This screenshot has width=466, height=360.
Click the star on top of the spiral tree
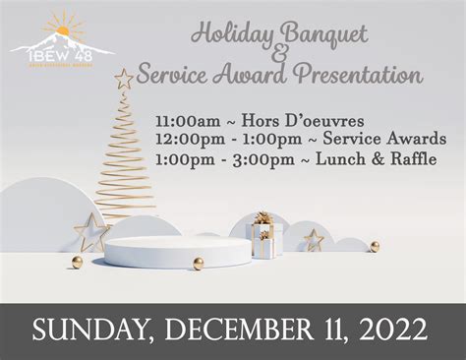click(124, 78)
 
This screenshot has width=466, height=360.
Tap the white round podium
click(179, 252)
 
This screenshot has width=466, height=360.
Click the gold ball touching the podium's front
click(199, 264)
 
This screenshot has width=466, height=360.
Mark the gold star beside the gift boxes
click(313, 239)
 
